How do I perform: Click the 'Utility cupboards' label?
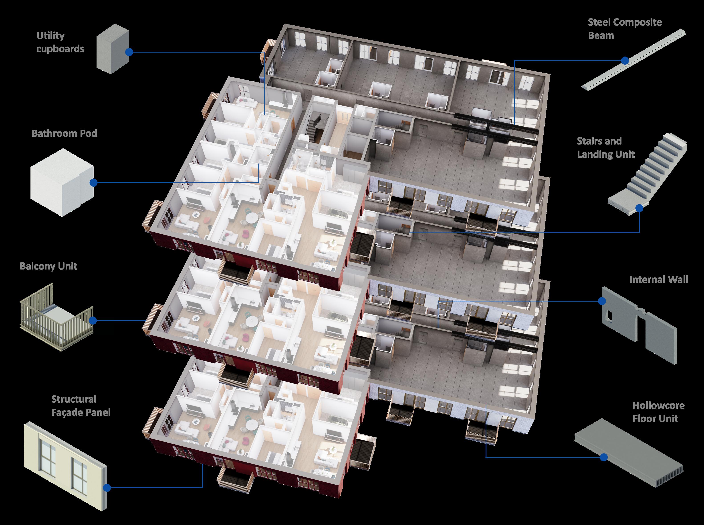point(60,42)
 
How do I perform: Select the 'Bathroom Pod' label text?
point(64,133)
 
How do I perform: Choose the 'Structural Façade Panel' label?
point(81,406)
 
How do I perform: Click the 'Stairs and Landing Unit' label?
point(606,147)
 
